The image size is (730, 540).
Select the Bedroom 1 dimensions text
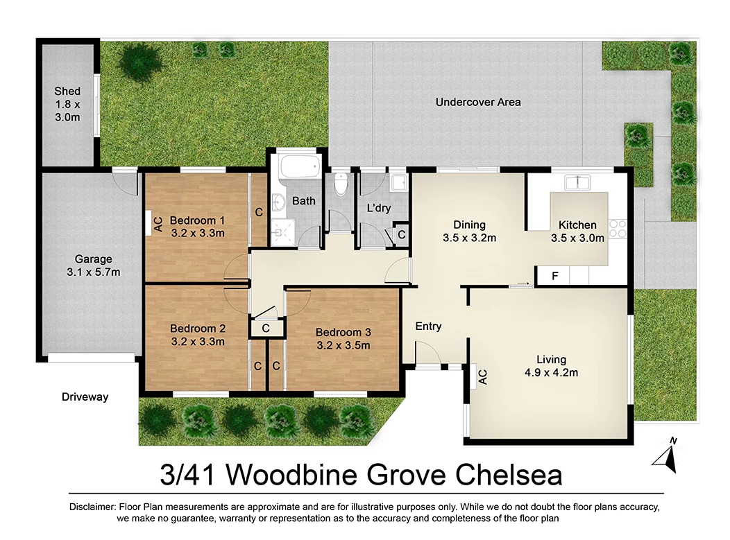pyautogui.click(x=197, y=233)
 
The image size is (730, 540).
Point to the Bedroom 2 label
pyautogui.click(x=197, y=329)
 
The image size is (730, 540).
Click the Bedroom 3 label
pyautogui.click(x=343, y=332)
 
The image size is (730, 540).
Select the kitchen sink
pyautogui.click(x=578, y=183)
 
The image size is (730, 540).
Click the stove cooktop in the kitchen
pyautogui.click(x=617, y=227)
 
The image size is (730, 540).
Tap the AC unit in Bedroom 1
pyautogui.click(x=158, y=223)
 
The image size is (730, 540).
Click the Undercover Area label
pyautogui.click(x=478, y=102)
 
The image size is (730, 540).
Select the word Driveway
pyautogui.click(x=85, y=397)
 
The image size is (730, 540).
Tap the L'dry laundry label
pyautogui.click(x=380, y=207)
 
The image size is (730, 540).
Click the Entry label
pyautogui.click(x=428, y=326)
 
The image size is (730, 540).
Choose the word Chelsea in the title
pyautogui.click(x=509, y=476)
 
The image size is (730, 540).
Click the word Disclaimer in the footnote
pyautogui.click(x=94, y=507)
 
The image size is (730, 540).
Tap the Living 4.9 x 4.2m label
pyautogui.click(x=551, y=366)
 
